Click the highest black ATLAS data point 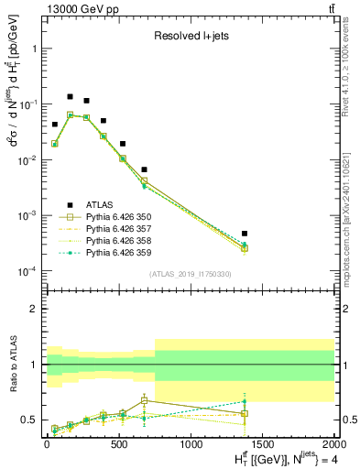(70, 96)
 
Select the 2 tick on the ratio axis (35, 309)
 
